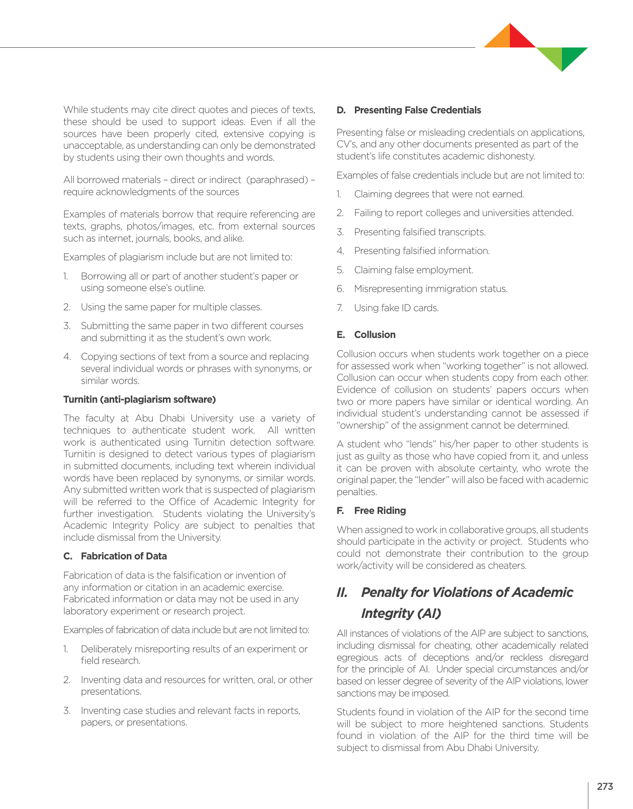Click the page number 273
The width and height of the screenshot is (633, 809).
605,786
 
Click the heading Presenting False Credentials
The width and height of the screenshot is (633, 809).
417,110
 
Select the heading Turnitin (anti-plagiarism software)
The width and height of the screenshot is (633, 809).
139,399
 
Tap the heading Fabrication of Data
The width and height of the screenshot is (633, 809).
124,556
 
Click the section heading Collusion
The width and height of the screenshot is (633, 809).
375,335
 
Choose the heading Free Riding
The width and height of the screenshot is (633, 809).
380,511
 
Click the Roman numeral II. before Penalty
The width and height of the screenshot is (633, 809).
342,592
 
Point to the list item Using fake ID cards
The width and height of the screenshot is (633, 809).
396,308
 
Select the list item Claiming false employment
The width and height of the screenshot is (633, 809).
413,270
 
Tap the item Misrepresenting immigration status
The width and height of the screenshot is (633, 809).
430,289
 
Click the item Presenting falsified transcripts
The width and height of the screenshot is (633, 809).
420,232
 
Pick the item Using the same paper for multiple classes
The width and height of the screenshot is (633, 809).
171,307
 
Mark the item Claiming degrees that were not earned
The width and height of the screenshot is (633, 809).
439,194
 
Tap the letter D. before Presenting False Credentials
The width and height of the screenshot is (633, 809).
341,110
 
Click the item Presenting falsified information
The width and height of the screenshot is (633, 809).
422,251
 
